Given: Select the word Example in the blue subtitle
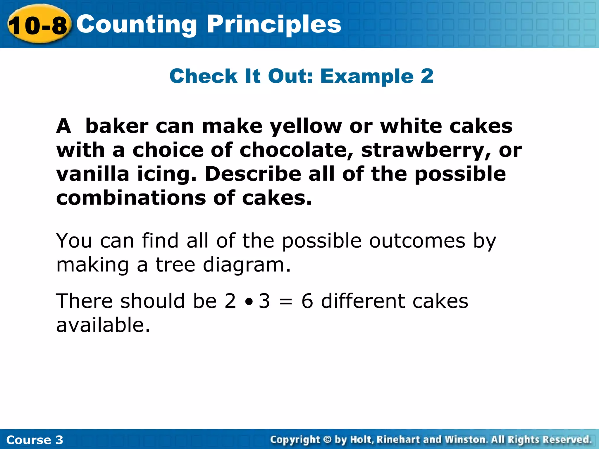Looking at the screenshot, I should coord(367,76).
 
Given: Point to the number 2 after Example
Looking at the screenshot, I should coord(427,76).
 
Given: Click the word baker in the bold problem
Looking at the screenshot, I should coord(117,126).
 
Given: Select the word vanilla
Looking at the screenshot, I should coord(93,174).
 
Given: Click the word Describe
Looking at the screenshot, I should coord(253,174).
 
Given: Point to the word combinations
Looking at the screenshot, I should coord(131,198).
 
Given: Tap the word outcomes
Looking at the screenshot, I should coord(417,241).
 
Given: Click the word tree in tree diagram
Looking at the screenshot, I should coord(175,265).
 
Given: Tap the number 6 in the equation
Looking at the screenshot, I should coord(307,301).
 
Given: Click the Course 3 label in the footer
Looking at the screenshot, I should coord(35,440).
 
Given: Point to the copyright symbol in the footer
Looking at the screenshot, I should coord(327,440).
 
